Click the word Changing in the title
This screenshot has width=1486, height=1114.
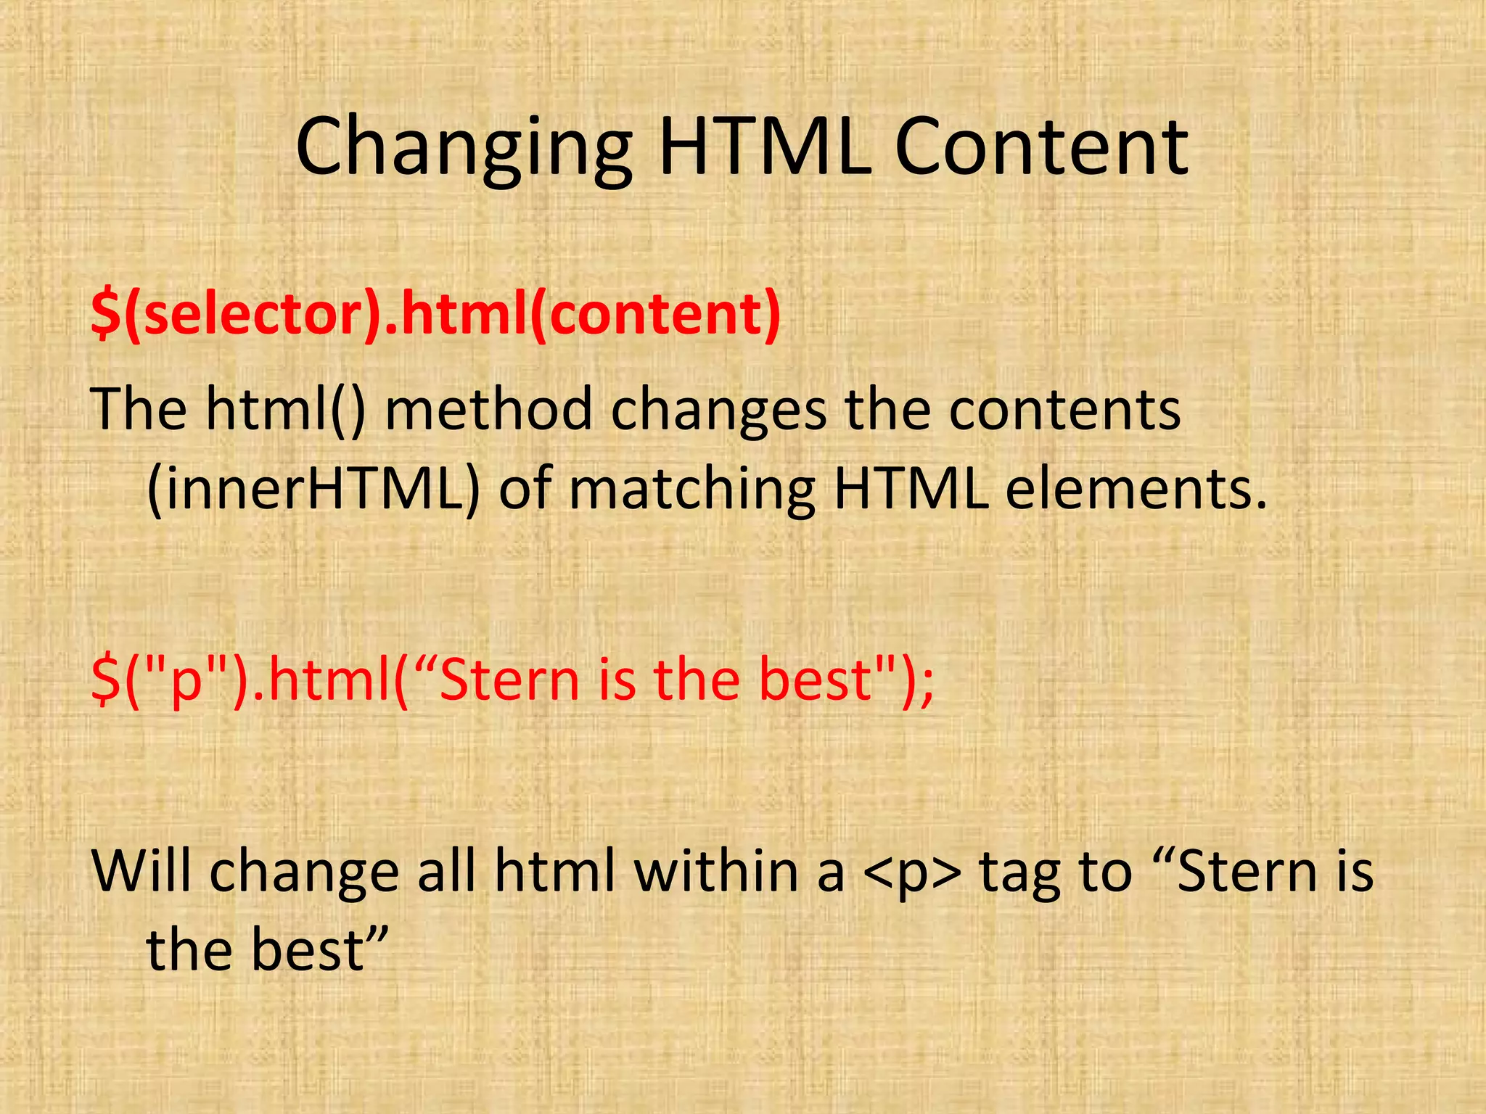(x=464, y=149)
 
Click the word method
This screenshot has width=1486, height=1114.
(x=488, y=408)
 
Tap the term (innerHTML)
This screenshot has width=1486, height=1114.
(x=313, y=490)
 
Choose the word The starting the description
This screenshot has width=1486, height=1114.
(x=139, y=408)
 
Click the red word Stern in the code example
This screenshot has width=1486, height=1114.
(x=509, y=680)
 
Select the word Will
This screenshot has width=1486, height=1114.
(x=141, y=870)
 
